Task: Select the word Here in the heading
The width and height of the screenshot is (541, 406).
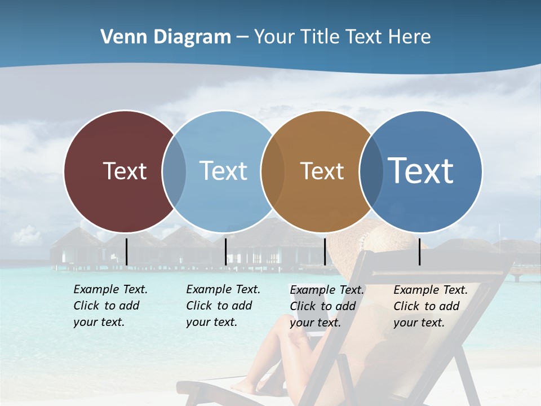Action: pyautogui.click(x=410, y=37)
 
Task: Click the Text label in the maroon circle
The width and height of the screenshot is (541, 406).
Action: pyautogui.click(x=125, y=171)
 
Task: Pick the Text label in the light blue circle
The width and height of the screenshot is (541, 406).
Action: pyautogui.click(x=224, y=171)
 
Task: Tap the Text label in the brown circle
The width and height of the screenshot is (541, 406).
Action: pyautogui.click(x=322, y=171)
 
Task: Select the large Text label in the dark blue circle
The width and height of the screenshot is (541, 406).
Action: pyautogui.click(x=421, y=171)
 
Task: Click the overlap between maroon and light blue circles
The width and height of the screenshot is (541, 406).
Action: pyautogui.click(x=174, y=171)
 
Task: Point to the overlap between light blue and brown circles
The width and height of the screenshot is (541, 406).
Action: pyautogui.click(x=273, y=171)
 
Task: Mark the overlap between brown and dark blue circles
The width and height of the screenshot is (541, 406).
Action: pyautogui.click(x=371, y=171)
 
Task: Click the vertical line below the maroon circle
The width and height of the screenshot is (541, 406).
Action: pyautogui.click(x=127, y=251)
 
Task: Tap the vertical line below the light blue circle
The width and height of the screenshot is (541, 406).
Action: pyautogui.click(x=226, y=251)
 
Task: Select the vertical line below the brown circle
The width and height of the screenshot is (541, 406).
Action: pyautogui.click(x=325, y=251)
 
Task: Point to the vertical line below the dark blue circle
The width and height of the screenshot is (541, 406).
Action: pyautogui.click(x=420, y=251)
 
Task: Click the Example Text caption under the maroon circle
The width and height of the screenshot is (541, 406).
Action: pyautogui.click(x=110, y=306)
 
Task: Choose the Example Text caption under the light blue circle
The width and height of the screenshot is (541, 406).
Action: pyautogui.click(x=223, y=306)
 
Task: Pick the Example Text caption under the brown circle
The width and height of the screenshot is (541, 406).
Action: pyautogui.click(x=326, y=306)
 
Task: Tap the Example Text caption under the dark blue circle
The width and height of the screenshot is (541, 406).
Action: pyautogui.click(x=430, y=306)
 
